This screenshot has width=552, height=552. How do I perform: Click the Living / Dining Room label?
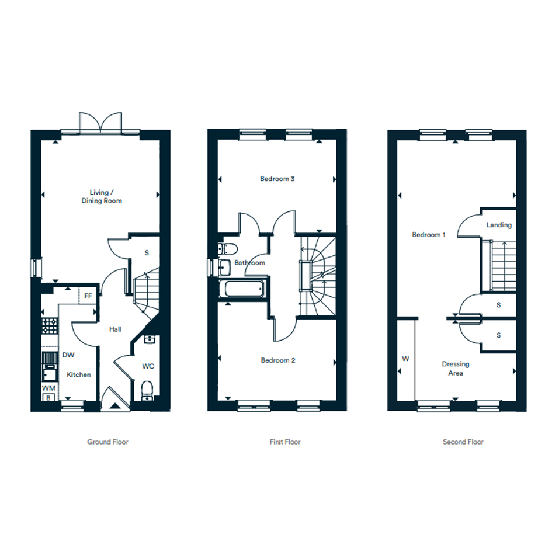[102, 196]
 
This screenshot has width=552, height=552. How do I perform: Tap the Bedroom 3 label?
[277, 179]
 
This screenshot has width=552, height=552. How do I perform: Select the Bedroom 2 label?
[278, 360]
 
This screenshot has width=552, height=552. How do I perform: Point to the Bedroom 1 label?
[429, 234]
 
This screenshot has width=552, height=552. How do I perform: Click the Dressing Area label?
[456, 369]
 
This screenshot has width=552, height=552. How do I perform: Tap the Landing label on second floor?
[499, 225]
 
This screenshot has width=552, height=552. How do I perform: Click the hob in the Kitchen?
[49, 325]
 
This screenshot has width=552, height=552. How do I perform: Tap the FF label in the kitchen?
[88, 296]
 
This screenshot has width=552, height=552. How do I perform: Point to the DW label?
[68, 355]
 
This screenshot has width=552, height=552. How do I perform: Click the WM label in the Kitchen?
[48, 388]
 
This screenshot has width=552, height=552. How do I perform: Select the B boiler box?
[48, 398]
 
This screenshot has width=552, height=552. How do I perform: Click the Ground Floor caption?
[107, 442]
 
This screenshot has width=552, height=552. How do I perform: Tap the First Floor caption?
[285, 442]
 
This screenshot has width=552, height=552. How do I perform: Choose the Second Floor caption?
[463, 442]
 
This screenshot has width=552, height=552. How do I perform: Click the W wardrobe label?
[405, 359]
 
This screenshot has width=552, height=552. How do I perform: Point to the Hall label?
[116, 329]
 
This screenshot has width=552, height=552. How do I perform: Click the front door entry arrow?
[114, 406]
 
